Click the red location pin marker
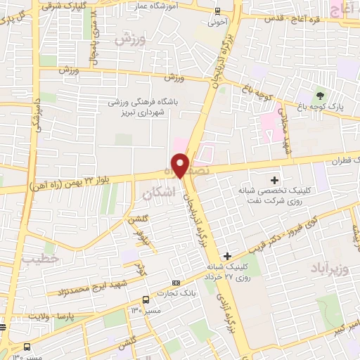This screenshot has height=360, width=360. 181,165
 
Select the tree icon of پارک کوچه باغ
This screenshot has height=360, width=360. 321,96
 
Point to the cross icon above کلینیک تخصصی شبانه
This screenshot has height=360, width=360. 275,181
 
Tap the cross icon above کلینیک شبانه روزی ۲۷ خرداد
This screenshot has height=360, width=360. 226,256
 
